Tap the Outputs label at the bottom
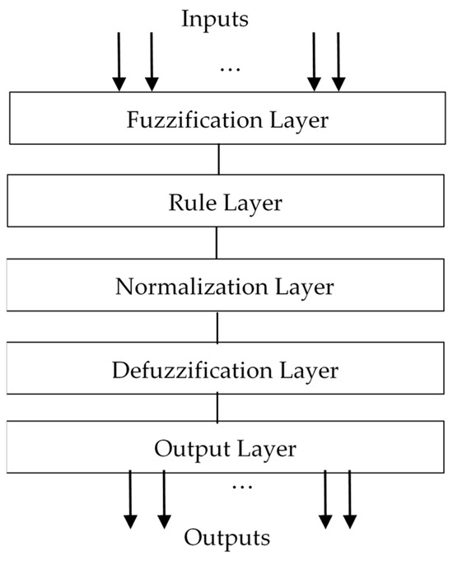tap(226, 540)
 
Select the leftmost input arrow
tap(119, 62)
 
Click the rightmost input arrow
tap(338, 62)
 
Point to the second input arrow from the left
tap(151, 62)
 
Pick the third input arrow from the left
tap(314, 62)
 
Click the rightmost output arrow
tap(349, 498)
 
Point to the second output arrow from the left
tap(164, 498)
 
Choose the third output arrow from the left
tap(325, 498)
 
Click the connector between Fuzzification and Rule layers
tap(219, 159)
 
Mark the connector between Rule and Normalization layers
tap(217, 242)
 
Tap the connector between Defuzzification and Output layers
tap(217, 408)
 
